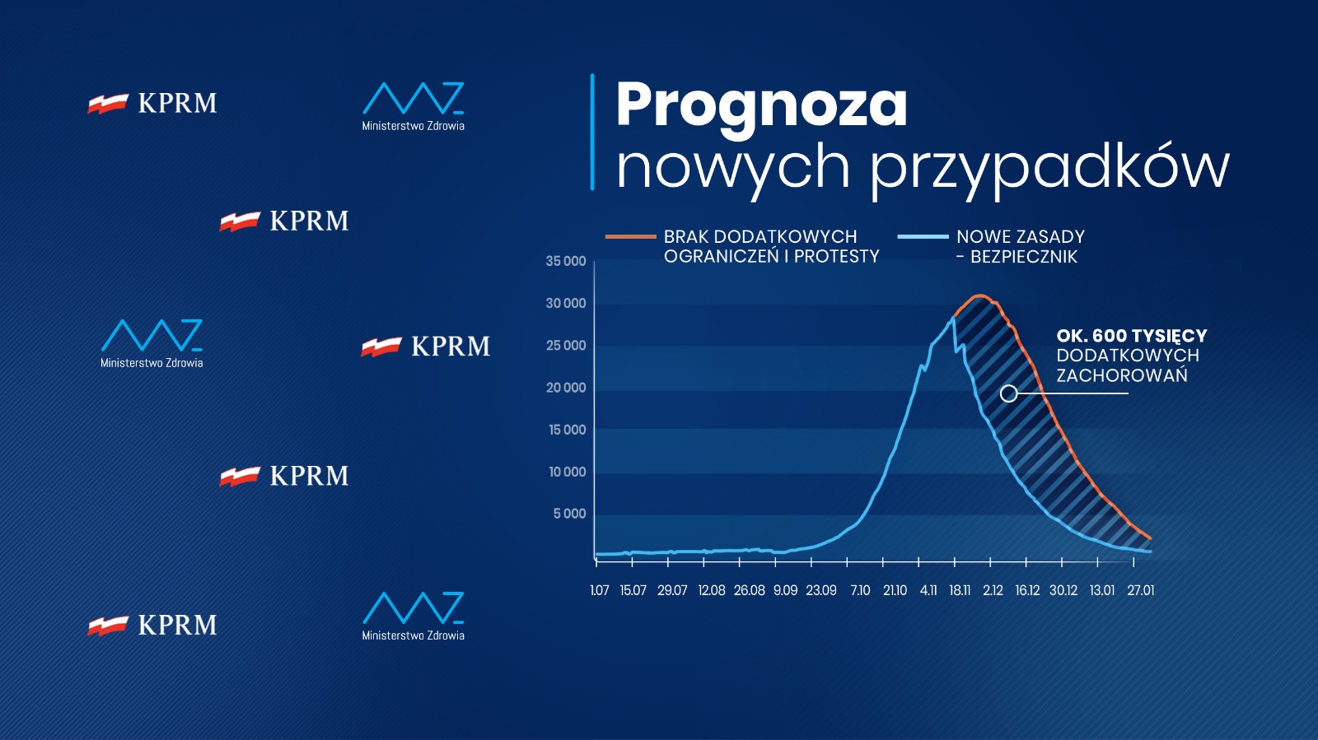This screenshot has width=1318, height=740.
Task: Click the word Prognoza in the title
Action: [x=761, y=105]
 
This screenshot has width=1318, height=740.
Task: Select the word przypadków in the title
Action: [x=1049, y=167]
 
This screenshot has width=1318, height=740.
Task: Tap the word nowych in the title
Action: [x=733, y=167]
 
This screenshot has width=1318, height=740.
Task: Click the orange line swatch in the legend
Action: [x=630, y=237]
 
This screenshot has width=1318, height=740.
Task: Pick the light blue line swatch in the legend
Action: [x=923, y=237]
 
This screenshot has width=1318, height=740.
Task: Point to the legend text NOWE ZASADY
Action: [x=1021, y=237]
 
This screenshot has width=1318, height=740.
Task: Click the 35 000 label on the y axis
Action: [x=566, y=262]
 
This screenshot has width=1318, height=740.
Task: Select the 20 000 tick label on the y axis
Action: [x=566, y=388]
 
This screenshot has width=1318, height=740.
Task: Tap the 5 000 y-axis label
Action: [x=569, y=514]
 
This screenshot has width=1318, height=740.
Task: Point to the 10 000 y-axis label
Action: [x=567, y=472]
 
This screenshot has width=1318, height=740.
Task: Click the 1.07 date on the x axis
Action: [x=600, y=590]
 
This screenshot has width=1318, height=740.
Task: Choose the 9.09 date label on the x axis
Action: [x=785, y=590]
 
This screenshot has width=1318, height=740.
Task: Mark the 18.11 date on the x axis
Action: [x=960, y=590]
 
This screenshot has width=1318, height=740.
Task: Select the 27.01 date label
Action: [x=1141, y=590]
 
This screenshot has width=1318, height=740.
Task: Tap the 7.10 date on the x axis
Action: [x=860, y=590]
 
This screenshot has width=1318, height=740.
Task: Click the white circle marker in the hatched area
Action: [x=1008, y=393]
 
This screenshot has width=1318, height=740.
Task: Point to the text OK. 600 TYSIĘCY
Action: [x=1131, y=336]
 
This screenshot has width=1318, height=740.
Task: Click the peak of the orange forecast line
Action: [x=980, y=296]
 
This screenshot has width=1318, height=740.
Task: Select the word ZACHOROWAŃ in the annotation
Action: [x=1122, y=376]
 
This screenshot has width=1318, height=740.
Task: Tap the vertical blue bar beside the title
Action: [x=592, y=132]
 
